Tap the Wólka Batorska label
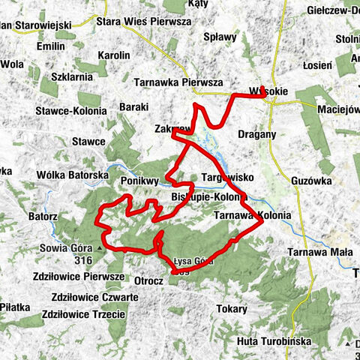(x=68, y=175)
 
